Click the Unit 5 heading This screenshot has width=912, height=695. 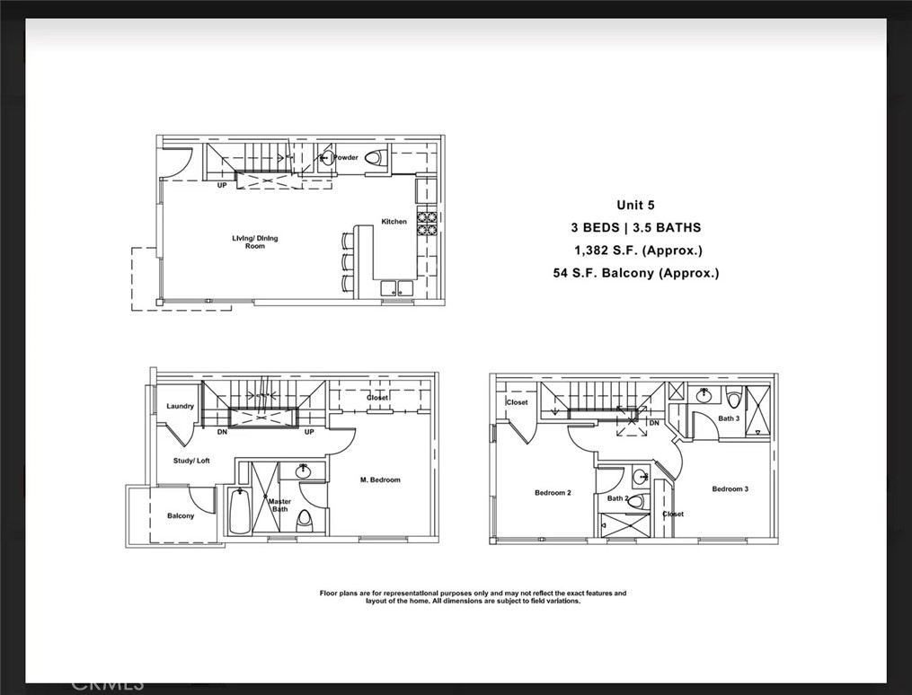[x=635, y=205]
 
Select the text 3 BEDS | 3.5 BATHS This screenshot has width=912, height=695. [x=635, y=227]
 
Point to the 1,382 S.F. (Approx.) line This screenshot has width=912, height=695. [x=638, y=251]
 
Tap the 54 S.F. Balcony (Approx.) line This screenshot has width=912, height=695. [x=636, y=273]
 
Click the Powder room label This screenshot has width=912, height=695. [x=346, y=158]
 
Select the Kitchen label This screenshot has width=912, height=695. [x=394, y=221]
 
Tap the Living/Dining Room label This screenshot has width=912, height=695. [x=255, y=242]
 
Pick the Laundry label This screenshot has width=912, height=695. [x=180, y=406]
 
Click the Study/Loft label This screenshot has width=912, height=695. [x=191, y=461]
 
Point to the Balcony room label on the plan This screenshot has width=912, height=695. [x=180, y=515]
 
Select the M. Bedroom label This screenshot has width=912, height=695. [x=381, y=479]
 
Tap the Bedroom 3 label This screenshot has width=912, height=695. [x=730, y=488]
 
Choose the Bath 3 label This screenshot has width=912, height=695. [x=729, y=418]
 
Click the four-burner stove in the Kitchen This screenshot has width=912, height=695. [x=426, y=222]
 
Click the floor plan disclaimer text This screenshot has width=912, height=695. [x=473, y=597]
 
